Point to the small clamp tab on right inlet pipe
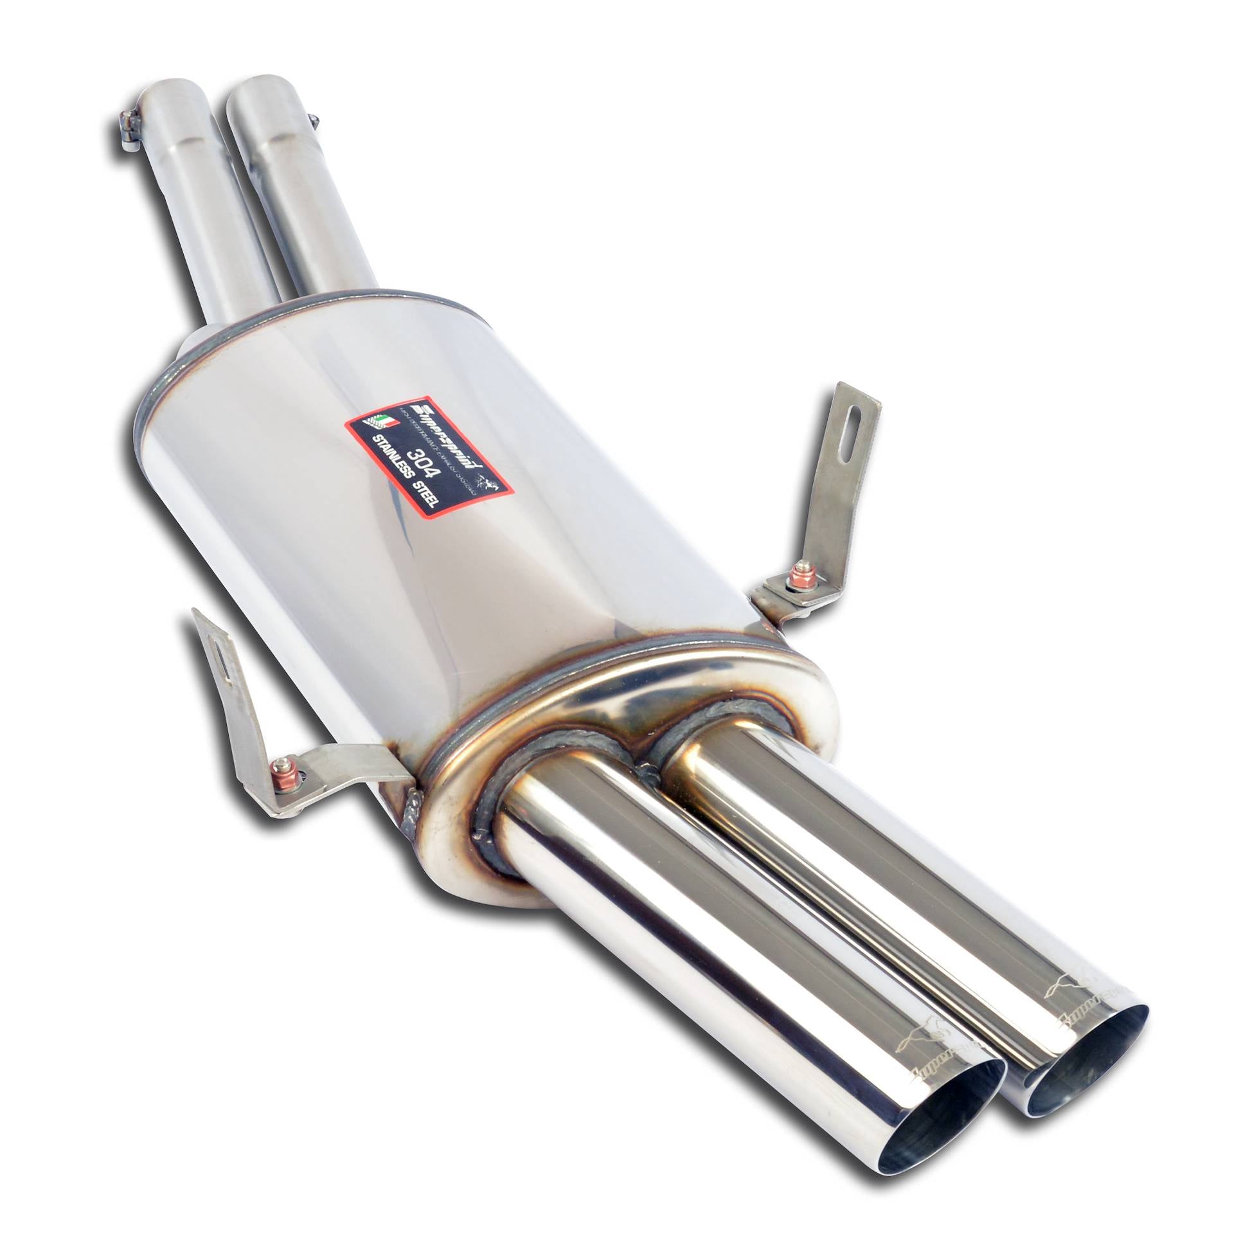pos(313,118)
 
